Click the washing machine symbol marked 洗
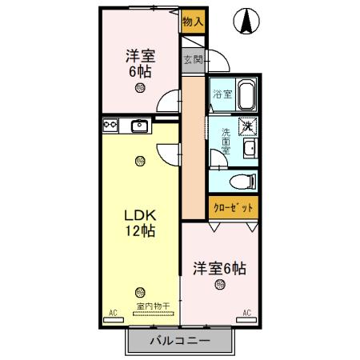(x=249, y=125)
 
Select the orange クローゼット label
(x=234, y=207)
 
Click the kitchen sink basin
(x=140, y=125)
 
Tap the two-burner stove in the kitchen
(x=110, y=125)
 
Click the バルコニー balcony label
(x=180, y=342)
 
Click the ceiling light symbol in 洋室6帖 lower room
(x=218, y=285)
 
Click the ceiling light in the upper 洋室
(x=141, y=88)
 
